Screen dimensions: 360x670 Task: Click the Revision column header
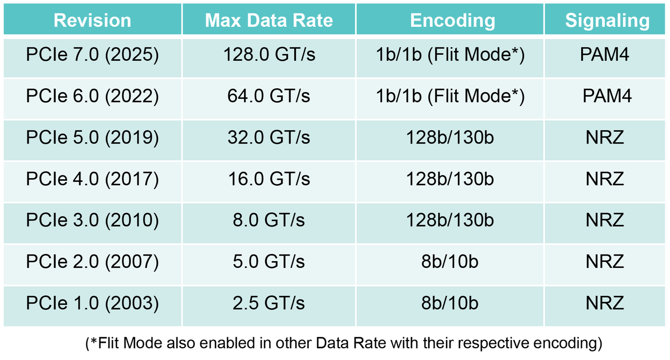92,21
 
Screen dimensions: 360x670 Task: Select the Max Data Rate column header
269,21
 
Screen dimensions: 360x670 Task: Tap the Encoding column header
452,21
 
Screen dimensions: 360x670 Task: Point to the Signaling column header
607,21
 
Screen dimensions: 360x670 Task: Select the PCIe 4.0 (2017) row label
92,179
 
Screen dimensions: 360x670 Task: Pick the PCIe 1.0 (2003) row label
92,304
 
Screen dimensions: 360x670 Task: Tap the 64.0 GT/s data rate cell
269,96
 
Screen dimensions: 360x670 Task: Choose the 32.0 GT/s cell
269,138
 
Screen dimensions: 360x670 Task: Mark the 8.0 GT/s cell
269,220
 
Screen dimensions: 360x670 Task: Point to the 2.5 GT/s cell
269,304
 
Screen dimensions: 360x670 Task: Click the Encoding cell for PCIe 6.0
450,96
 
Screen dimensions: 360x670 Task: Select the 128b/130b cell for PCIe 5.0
450,138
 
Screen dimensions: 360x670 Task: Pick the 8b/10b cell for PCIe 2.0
450,262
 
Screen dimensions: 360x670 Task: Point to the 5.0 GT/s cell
269,262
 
